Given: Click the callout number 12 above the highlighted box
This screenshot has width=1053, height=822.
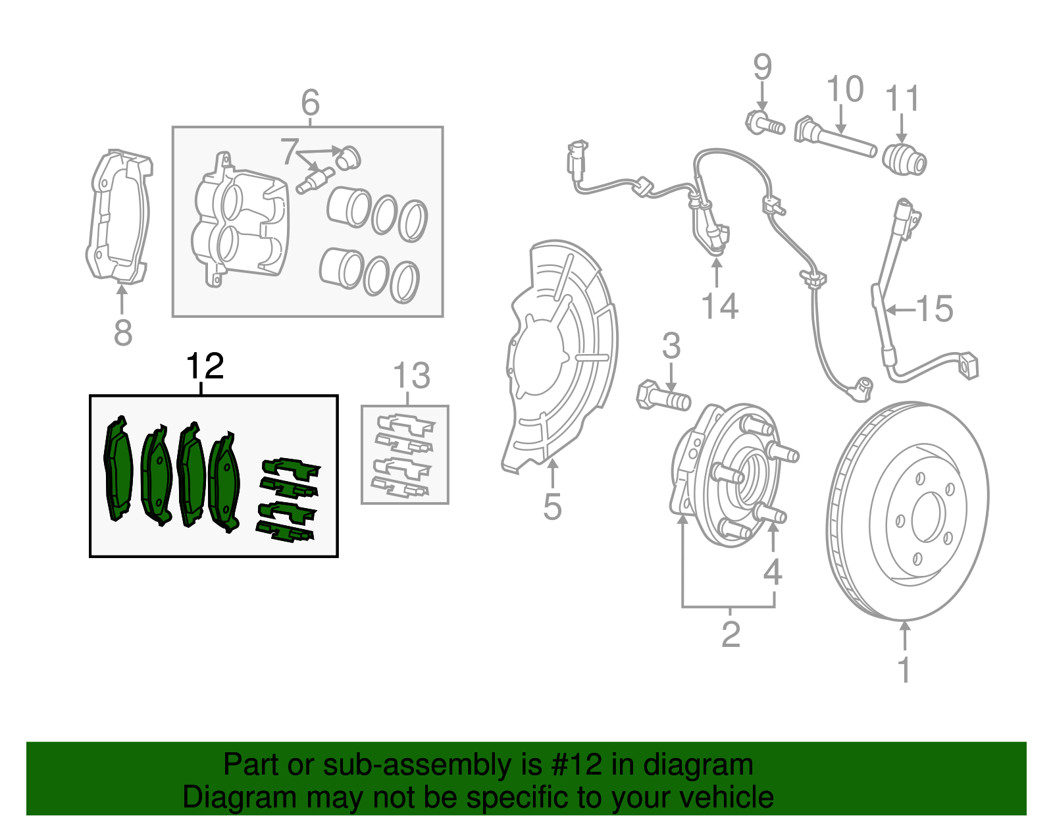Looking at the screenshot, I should [x=205, y=367].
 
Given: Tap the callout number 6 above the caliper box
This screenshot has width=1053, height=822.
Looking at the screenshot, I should [x=310, y=103].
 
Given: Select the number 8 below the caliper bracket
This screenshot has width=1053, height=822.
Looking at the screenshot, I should [x=123, y=333].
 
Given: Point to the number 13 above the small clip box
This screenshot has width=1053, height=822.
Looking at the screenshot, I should [x=411, y=376].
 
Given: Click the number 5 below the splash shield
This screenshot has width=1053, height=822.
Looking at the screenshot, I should [x=552, y=507].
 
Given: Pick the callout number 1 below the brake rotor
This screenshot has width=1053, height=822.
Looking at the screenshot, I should [x=905, y=669].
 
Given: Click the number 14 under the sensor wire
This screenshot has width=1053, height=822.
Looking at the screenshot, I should [x=719, y=307].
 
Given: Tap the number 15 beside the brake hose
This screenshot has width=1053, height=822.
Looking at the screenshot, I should [x=935, y=309].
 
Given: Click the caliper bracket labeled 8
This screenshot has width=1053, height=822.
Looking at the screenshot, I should [x=119, y=217].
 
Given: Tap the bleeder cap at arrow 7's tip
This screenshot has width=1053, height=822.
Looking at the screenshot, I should [x=348, y=157].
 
